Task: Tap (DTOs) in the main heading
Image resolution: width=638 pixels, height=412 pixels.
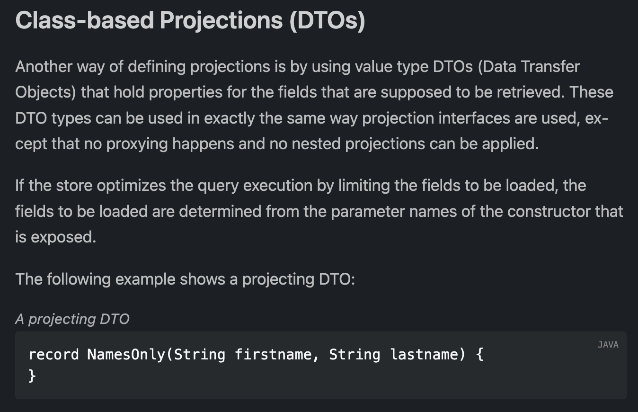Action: [x=327, y=21]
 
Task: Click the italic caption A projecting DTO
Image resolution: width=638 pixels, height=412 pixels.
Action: [x=72, y=319]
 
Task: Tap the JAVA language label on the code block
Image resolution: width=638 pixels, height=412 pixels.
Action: [x=608, y=345]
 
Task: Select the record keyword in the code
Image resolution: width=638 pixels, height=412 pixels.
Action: [x=53, y=354]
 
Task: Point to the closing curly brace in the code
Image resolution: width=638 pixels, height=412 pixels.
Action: [x=32, y=376]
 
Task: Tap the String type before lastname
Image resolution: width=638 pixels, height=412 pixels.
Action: [x=354, y=354]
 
